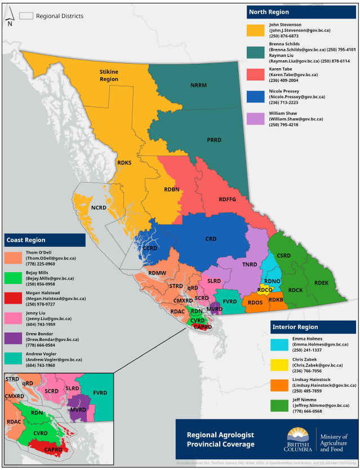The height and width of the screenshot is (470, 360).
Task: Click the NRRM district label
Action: (199, 85)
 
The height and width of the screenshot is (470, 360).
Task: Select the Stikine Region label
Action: (109, 76)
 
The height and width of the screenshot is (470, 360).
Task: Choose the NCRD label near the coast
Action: (99, 207)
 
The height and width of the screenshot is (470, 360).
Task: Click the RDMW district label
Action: (157, 273)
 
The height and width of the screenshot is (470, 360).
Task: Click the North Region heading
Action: (270, 12)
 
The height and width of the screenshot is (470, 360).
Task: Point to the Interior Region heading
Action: (295, 327)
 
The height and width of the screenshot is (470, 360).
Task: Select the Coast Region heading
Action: (26, 240)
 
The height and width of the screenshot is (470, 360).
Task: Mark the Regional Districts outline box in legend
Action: (26, 16)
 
